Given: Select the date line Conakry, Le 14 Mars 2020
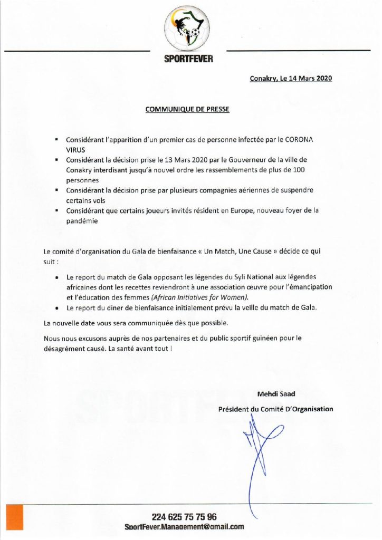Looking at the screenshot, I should point(291,78).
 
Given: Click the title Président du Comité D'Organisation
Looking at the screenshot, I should point(275,409).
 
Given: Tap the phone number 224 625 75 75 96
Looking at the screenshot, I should point(184,517).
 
